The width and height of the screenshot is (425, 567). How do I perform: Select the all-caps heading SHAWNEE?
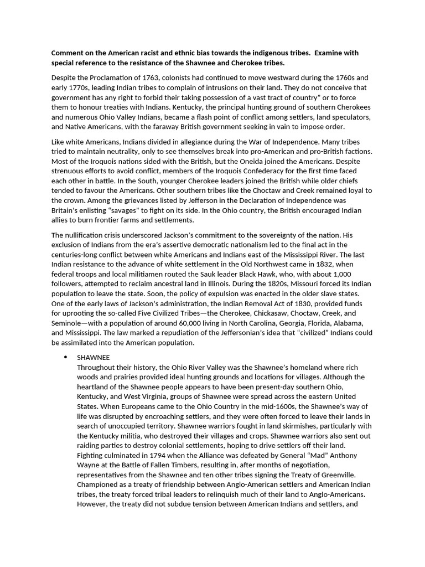(x=93, y=358)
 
